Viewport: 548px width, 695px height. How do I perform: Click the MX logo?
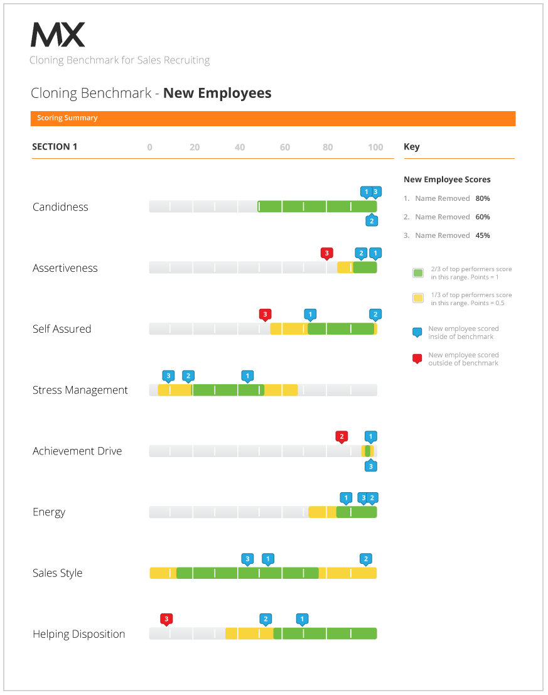(x=58, y=35)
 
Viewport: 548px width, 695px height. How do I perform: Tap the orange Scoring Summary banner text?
(x=67, y=118)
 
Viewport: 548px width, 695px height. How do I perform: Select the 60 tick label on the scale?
(x=285, y=147)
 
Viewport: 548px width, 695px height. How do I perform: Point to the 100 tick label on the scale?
(x=375, y=147)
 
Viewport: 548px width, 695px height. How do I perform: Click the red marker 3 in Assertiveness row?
(x=327, y=254)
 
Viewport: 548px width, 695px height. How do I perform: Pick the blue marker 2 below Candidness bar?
(x=372, y=220)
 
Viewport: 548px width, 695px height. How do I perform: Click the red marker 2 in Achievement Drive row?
(x=341, y=437)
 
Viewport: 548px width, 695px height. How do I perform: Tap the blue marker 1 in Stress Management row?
(x=247, y=376)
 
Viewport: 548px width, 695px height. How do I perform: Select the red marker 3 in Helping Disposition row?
(x=166, y=619)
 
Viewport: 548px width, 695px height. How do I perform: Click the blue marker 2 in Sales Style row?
(x=366, y=559)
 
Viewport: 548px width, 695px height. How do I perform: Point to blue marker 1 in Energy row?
(x=346, y=498)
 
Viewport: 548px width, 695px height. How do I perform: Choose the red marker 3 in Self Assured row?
(x=265, y=315)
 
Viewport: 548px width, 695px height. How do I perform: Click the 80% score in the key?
(x=483, y=198)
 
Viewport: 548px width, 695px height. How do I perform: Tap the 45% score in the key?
(x=483, y=235)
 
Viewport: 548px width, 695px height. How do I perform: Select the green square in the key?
(x=418, y=273)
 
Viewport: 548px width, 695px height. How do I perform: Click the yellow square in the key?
(x=418, y=298)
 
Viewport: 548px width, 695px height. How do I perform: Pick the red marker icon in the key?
(x=417, y=358)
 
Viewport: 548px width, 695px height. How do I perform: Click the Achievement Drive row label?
(x=77, y=451)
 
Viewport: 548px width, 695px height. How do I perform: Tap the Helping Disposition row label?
(x=79, y=634)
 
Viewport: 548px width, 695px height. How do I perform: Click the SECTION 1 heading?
(x=55, y=147)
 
